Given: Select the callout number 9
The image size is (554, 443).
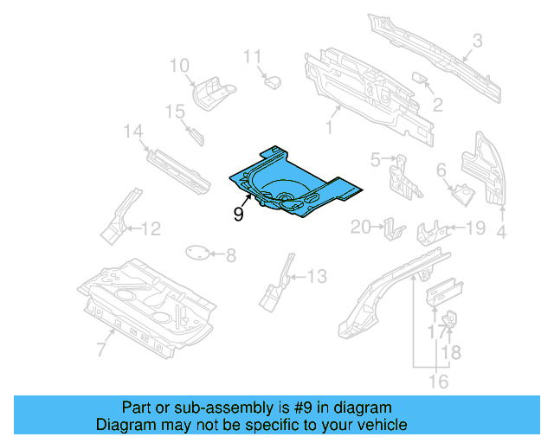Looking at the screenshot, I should pyautogui.click(x=238, y=214).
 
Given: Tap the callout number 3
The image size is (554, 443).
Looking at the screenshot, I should pyautogui.click(x=477, y=40).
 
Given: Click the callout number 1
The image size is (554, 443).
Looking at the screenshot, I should pyautogui.click(x=329, y=128).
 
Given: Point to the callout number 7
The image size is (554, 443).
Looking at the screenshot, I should pyautogui.click(x=100, y=349).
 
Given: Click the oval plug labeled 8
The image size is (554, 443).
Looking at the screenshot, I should pyautogui.click(x=199, y=254).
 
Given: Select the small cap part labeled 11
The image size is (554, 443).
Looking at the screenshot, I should pyautogui.click(x=274, y=81).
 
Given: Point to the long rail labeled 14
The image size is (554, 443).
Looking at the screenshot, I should pyautogui.click(x=177, y=167).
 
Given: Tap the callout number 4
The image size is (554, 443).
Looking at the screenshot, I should pyautogui.click(x=500, y=231).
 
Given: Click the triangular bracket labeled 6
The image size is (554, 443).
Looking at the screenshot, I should pyautogui.click(x=461, y=190).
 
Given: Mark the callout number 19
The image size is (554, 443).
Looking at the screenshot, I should pyautogui.click(x=476, y=228).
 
